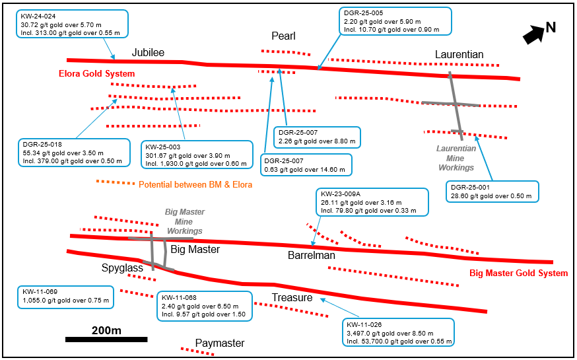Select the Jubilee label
pyautogui.click(x=148, y=52)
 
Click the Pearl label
pyautogui.click(x=283, y=36)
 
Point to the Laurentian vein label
pyautogui.click(x=459, y=54)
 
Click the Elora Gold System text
pyautogui.click(x=97, y=74)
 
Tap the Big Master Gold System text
pyautogui.click(x=518, y=273)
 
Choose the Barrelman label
pyautogui.click(x=312, y=255)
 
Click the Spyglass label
pyautogui.click(x=122, y=269)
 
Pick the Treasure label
pyautogui.click(x=292, y=298)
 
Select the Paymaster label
pyautogui.click(x=220, y=343)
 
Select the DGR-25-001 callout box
pyautogui.click(x=491, y=192)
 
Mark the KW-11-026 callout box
pyautogui.click(x=399, y=333)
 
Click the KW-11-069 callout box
pyautogui.click(x=65, y=297)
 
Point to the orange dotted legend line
pyautogui.click(x=115, y=182)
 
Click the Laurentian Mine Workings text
pyautogui.click(x=456, y=158)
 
